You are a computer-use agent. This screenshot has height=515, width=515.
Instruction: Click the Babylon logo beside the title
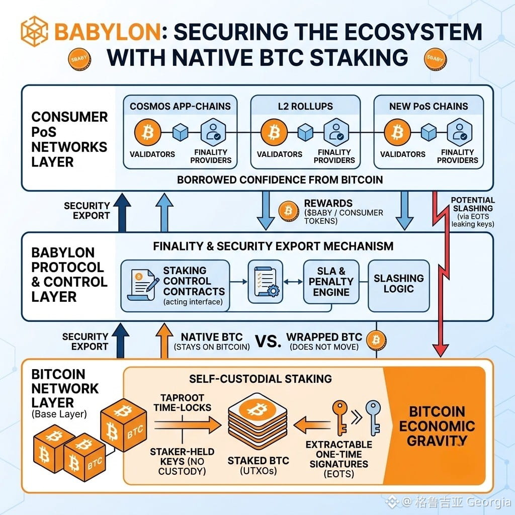35,31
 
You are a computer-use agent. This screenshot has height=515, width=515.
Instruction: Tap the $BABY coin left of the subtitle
79,59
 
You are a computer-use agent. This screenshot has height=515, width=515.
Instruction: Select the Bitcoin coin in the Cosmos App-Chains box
148,132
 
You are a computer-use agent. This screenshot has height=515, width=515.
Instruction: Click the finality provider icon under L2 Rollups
336,132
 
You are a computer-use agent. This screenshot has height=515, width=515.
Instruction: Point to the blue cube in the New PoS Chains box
428,132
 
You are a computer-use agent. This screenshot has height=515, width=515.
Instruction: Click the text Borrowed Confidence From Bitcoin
280,180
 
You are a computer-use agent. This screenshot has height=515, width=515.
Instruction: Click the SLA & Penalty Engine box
331,282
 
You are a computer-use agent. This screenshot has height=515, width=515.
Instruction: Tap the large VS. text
268,341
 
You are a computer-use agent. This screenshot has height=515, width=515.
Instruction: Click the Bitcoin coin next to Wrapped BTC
376,340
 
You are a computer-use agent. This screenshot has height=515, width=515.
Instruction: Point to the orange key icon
339,418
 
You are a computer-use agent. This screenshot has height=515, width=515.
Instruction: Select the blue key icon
374,418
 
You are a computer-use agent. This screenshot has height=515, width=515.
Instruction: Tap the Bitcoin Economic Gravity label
437,426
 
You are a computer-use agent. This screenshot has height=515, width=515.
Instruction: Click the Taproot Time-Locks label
182,403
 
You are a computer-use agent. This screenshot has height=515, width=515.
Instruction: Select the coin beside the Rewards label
288,211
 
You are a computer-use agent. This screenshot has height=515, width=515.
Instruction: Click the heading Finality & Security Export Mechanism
273,246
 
